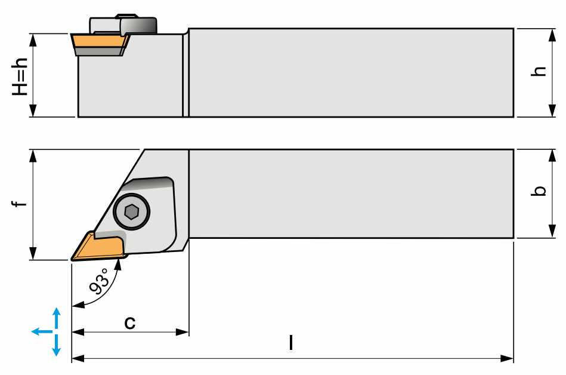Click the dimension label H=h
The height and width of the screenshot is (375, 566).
click(20, 76)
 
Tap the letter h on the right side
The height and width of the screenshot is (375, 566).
click(539, 71)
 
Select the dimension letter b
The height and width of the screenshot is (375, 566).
click(539, 190)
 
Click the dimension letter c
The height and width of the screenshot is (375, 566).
click(129, 322)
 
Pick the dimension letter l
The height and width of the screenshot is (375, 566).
click(291, 343)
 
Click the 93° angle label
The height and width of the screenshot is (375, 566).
click(99, 281)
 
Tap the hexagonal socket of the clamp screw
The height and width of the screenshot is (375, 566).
click(131, 212)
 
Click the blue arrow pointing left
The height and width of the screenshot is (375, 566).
click(42, 331)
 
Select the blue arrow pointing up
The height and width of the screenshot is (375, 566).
click(56, 318)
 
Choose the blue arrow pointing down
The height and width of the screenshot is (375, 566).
click(56, 345)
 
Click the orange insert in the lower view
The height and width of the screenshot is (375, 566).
click(98, 247)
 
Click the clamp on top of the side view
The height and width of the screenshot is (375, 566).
click(123, 24)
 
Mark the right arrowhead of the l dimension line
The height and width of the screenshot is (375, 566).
click(507, 358)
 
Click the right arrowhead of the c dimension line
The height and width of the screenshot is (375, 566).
click(183, 331)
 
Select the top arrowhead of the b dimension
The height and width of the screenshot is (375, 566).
click(552, 156)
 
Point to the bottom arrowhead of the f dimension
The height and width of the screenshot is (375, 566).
click(33, 254)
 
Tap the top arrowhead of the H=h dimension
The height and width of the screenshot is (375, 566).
click(33, 40)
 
